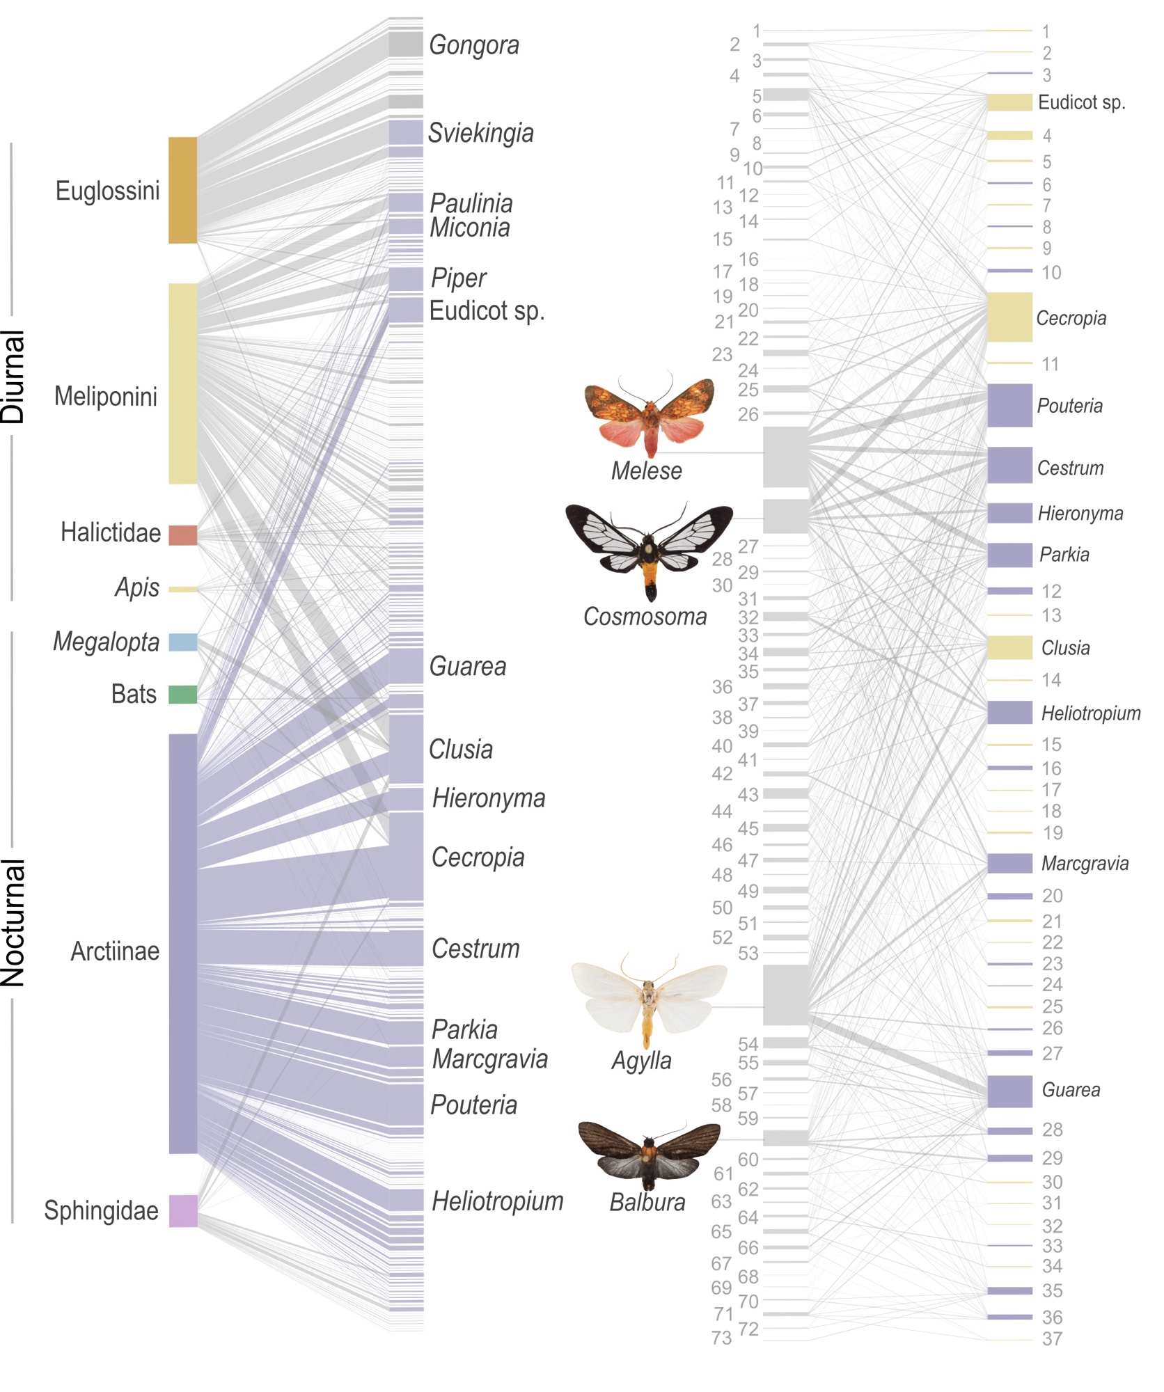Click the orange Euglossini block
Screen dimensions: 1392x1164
coord(182,190)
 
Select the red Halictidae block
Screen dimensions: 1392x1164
coord(182,535)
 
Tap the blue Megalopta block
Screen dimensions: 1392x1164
coord(182,642)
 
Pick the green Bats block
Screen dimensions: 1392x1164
coord(182,694)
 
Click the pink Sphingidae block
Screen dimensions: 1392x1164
coord(182,1210)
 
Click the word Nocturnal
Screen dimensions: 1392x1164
coord(14,923)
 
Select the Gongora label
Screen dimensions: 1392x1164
coord(474,45)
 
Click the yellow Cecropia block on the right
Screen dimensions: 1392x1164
coord(1009,317)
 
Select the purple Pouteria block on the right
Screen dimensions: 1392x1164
coord(1009,405)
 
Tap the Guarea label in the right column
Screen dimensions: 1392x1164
coord(1071,1090)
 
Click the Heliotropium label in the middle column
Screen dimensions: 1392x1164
coord(497,1201)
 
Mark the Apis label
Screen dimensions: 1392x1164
coord(137,588)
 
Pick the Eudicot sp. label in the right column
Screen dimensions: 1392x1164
coord(1081,103)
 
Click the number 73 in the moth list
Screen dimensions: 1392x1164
coord(722,1338)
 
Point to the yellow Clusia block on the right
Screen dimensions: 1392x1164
coord(1009,647)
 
